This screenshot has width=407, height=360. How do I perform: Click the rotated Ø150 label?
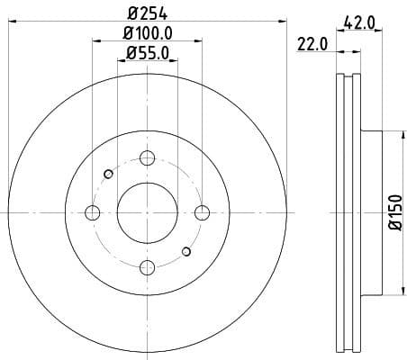(394, 212)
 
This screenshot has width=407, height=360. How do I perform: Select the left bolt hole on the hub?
(92, 212)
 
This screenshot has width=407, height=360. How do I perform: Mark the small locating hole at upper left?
(108, 173)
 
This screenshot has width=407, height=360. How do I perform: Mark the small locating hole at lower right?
(186, 252)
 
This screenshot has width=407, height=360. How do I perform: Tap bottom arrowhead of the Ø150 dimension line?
(402, 290)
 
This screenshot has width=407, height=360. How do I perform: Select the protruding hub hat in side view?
(372, 212)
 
